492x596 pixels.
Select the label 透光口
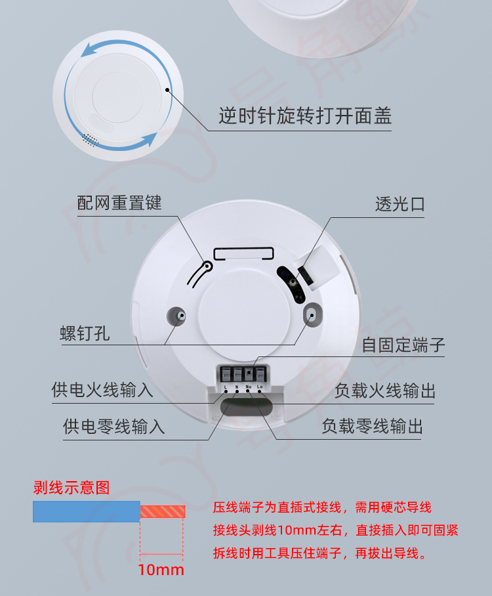tap(400, 204)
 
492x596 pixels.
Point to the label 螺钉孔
tap(85, 333)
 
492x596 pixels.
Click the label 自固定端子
tap(403, 345)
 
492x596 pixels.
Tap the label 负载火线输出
tap(384, 391)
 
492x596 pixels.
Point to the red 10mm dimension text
tap(161, 569)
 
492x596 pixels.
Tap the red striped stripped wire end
tap(163, 511)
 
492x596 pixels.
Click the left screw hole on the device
tap(178, 315)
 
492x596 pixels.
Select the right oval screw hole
tap(313, 315)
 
